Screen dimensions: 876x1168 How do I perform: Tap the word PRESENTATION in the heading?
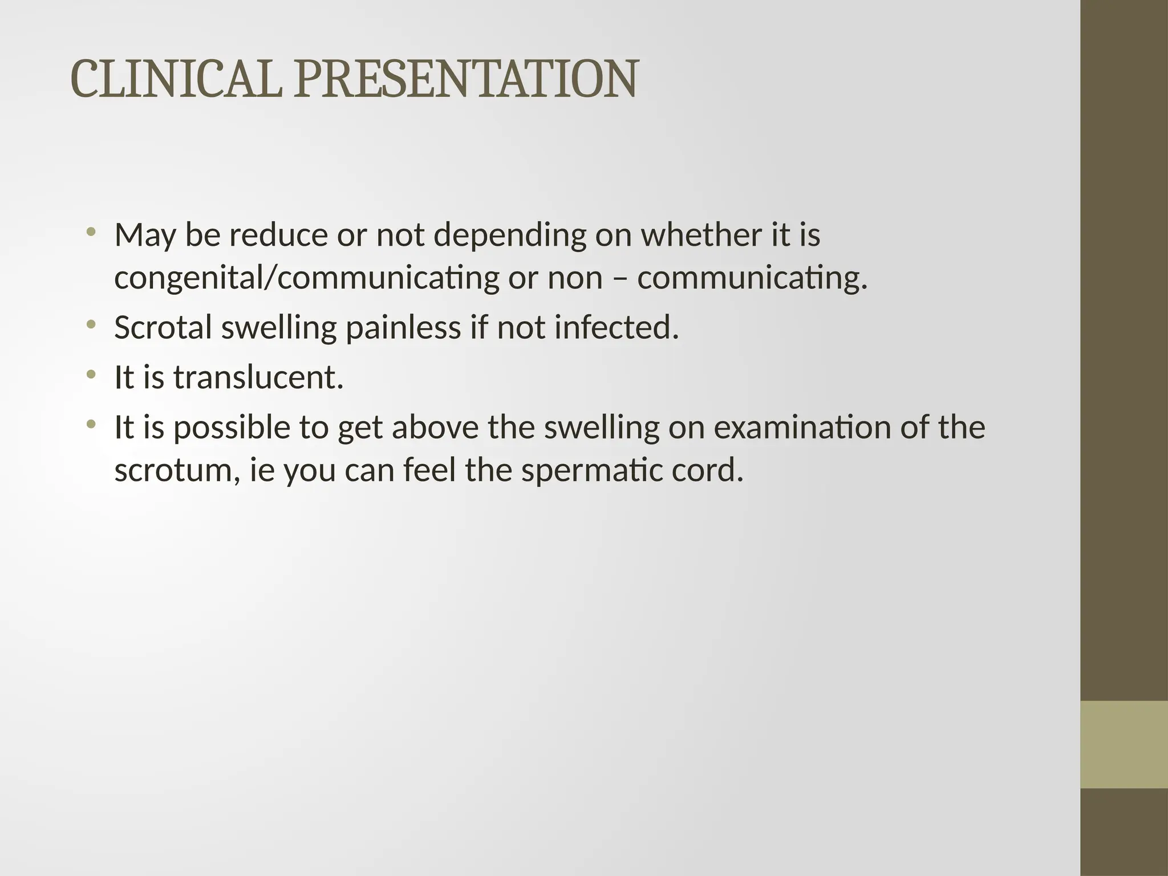tap(466, 79)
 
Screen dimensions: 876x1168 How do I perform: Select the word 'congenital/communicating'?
tap(307, 278)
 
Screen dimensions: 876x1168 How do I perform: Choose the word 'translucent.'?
tap(258, 378)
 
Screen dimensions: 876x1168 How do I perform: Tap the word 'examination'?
tap(802, 428)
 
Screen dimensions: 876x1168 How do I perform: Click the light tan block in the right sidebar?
tap(1124, 744)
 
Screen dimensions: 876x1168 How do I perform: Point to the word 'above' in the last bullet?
tap(435, 428)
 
